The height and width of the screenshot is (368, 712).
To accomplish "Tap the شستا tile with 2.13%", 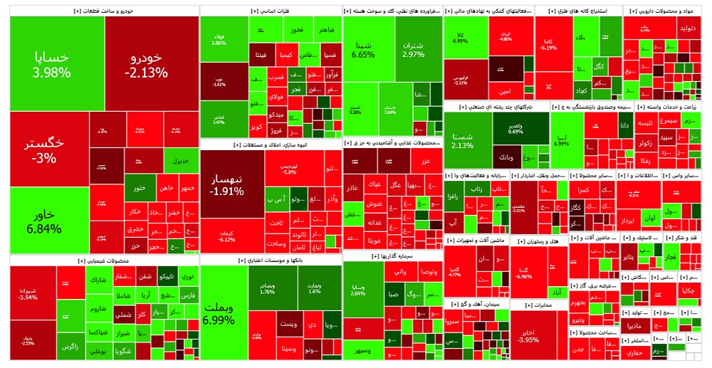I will [462, 140].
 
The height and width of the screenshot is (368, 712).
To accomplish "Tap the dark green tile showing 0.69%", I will [515, 128].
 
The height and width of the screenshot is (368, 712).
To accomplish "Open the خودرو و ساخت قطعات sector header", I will [103, 11].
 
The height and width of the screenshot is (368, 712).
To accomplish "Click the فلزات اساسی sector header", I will [270, 11].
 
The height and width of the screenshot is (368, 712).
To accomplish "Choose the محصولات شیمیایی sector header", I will [103, 261].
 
